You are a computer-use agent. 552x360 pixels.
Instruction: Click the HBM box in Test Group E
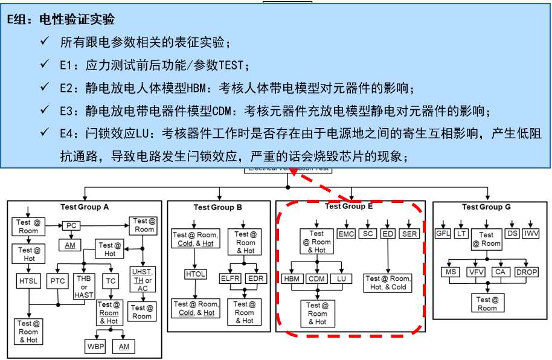point(293,279)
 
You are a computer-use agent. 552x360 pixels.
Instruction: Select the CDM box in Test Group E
point(317,279)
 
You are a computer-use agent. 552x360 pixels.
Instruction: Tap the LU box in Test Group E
point(341,279)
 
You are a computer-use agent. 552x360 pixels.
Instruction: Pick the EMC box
point(345,234)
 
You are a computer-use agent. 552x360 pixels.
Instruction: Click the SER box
point(409,234)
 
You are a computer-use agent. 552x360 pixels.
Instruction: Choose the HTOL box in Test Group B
point(195,275)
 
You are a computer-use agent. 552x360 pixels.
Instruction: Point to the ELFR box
point(231,278)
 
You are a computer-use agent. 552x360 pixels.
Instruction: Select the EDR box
point(257,278)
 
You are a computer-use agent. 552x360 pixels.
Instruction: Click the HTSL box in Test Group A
point(28,280)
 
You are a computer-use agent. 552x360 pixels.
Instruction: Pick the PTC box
point(58,280)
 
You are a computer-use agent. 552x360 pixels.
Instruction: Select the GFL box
point(444,234)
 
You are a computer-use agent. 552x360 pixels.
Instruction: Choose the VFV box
point(475,272)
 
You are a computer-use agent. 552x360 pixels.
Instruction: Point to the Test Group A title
point(85,207)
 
